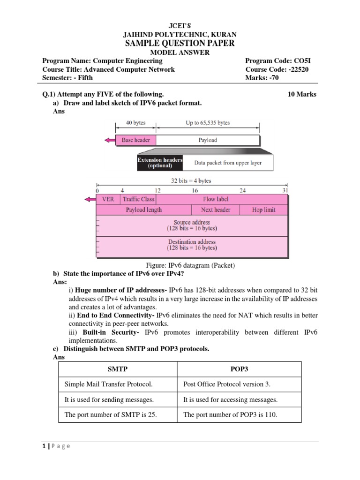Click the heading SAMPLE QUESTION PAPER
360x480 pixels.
tap(180, 44)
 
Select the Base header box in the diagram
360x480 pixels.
tap(135, 140)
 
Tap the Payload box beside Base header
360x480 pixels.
tap(207, 140)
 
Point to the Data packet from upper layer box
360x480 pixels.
tap(228, 163)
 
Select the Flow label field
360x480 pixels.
tap(216, 199)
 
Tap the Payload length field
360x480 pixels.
tap(143, 210)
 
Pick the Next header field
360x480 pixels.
tap(216, 210)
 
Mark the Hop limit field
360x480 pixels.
tap(263, 210)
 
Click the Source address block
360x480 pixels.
tap(192, 225)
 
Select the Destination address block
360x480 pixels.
tap(192, 245)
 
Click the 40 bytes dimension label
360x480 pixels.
tap(135, 123)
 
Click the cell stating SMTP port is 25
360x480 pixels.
tap(118, 415)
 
